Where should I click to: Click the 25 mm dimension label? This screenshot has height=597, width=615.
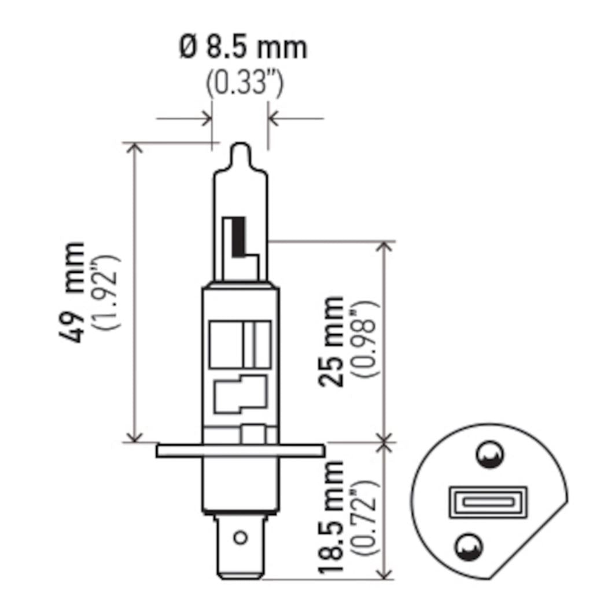[x=332, y=342]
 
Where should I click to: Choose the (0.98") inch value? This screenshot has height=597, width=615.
[x=366, y=342]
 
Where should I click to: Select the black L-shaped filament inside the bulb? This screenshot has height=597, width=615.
[x=239, y=237]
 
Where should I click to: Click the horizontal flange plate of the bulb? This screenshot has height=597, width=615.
[x=239, y=451]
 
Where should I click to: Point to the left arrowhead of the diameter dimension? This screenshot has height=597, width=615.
[x=207, y=120]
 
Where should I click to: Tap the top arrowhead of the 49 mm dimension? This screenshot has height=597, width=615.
[x=135, y=147]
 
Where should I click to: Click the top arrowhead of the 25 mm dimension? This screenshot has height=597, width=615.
[x=385, y=246]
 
